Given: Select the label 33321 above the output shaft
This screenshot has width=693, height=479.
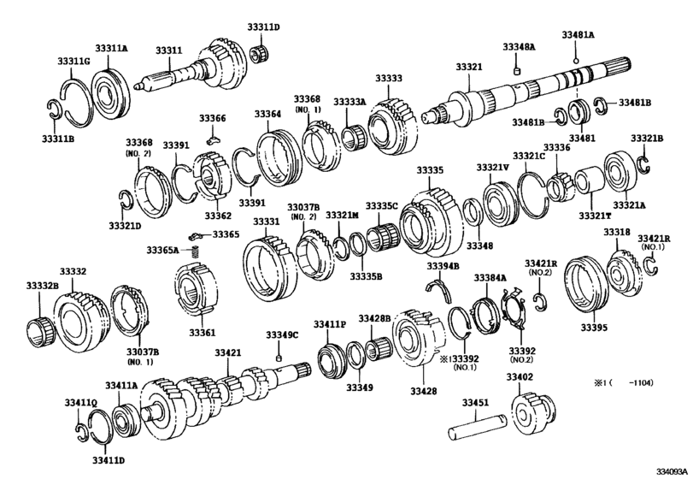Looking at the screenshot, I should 468,66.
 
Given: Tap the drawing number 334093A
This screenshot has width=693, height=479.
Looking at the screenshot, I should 670,470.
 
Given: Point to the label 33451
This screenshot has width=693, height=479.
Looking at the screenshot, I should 477,402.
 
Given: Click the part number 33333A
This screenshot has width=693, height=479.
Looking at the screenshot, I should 349,101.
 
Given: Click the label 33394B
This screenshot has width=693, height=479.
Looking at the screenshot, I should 443,266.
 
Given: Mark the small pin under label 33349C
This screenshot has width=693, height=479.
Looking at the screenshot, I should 279,357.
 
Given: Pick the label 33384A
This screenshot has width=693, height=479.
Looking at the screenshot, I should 491,278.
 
